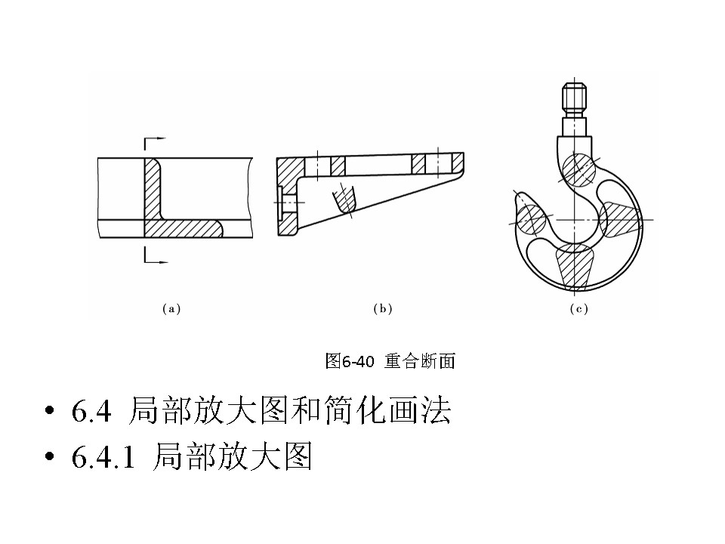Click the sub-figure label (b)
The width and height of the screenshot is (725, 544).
point(383,308)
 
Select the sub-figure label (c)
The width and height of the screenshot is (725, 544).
point(578,308)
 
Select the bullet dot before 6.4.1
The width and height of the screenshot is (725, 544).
point(51,458)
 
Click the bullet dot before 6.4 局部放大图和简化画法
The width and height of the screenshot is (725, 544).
point(51,413)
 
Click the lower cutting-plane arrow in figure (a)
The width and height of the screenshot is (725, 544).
point(154,260)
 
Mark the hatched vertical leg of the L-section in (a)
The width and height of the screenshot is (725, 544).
point(154,189)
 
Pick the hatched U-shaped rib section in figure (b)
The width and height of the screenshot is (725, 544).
point(344,200)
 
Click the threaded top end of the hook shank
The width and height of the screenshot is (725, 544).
point(572,97)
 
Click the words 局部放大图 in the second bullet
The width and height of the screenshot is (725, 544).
point(233,457)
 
